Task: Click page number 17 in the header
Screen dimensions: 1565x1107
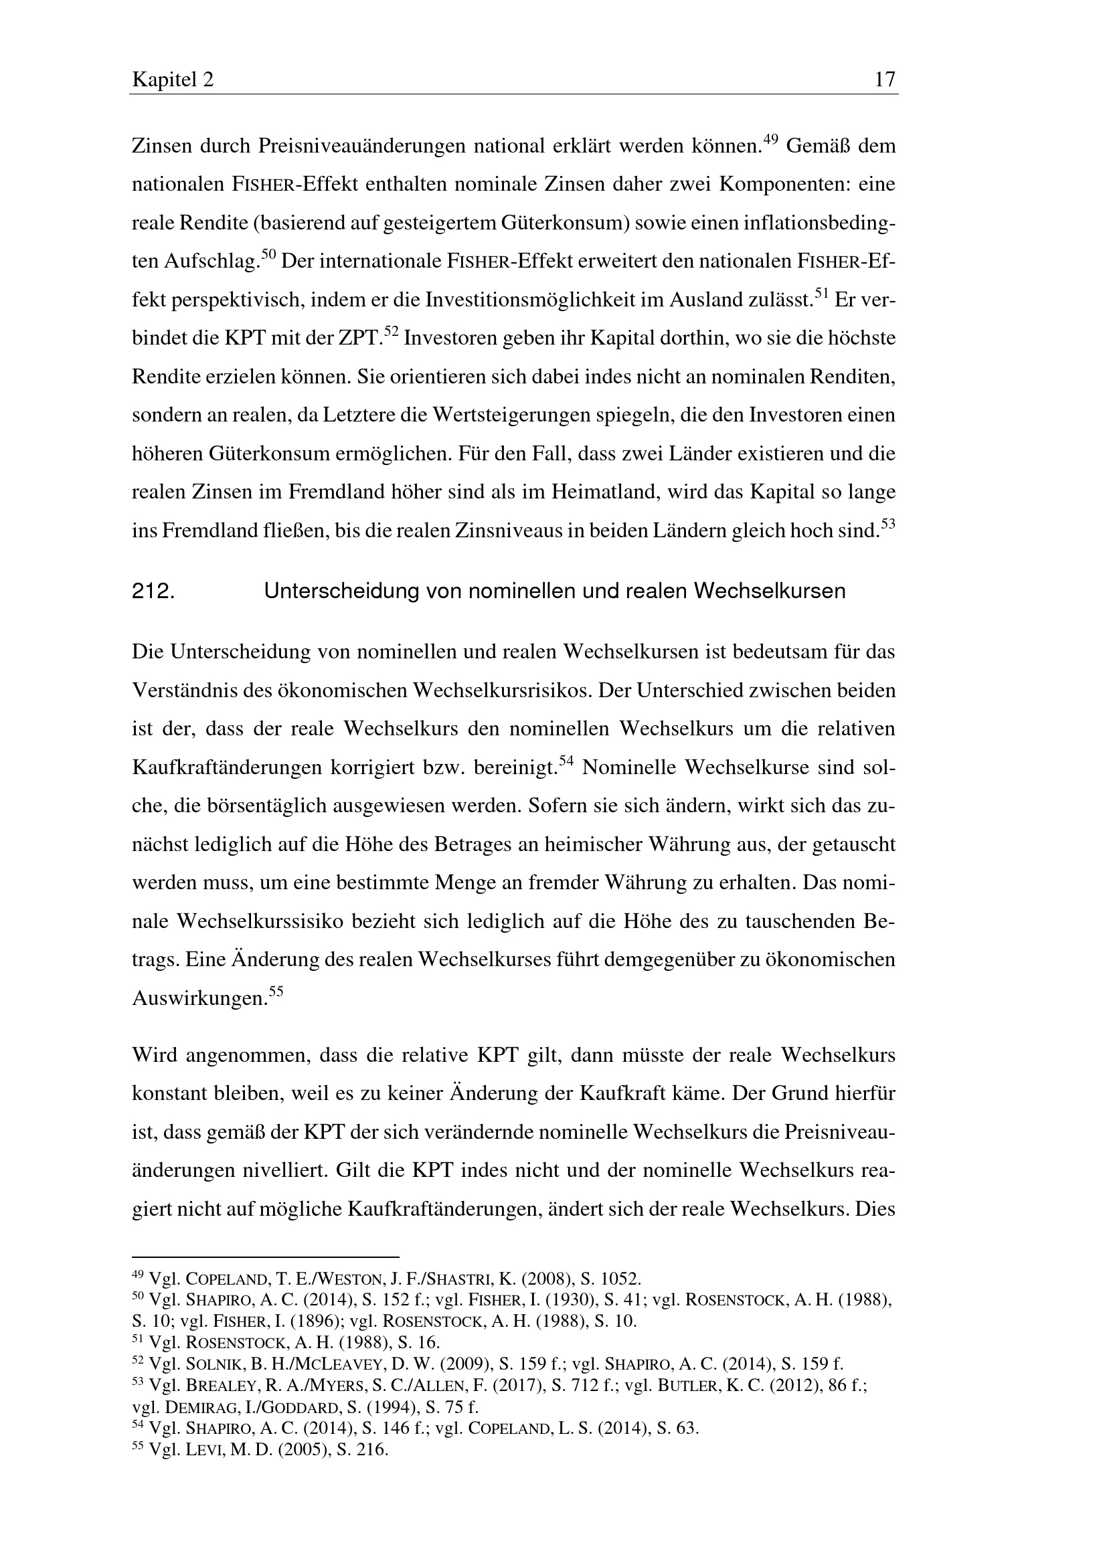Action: [x=885, y=80]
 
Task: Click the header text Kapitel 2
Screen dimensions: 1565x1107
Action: [x=173, y=80]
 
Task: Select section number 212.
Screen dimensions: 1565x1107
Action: [x=153, y=591]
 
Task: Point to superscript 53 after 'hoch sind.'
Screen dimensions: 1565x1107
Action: [x=887, y=524]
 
